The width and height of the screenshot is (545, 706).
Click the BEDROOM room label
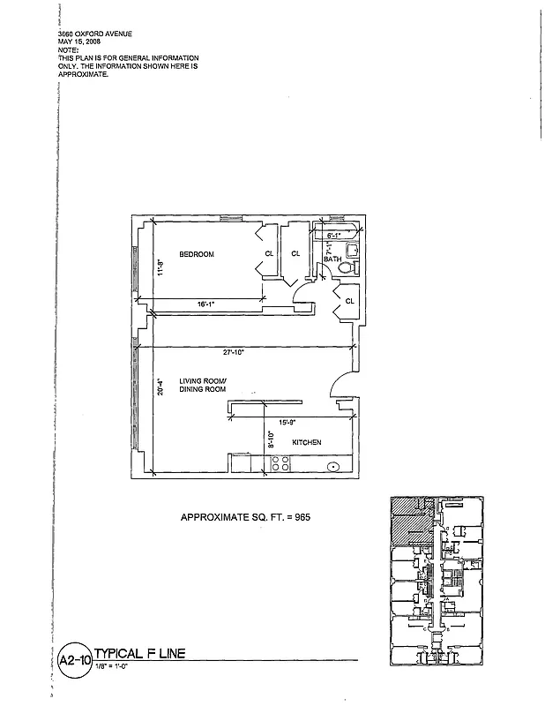tap(197, 255)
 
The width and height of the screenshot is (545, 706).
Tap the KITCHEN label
tap(306, 442)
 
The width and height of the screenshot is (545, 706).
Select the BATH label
tap(332, 259)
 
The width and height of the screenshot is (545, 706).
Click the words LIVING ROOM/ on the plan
tap(203, 380)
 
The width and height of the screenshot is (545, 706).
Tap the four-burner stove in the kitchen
tap(280, 464)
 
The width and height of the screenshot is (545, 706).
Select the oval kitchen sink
tap(334, 468)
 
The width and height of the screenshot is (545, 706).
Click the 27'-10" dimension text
tap(233, 352)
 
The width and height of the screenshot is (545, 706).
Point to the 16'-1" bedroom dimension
tap(205, 304)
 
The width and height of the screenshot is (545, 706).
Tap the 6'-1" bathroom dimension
tap(334, 237)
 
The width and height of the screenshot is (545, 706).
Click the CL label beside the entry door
tap(349, 301)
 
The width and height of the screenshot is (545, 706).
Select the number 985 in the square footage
tap(299, 517)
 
